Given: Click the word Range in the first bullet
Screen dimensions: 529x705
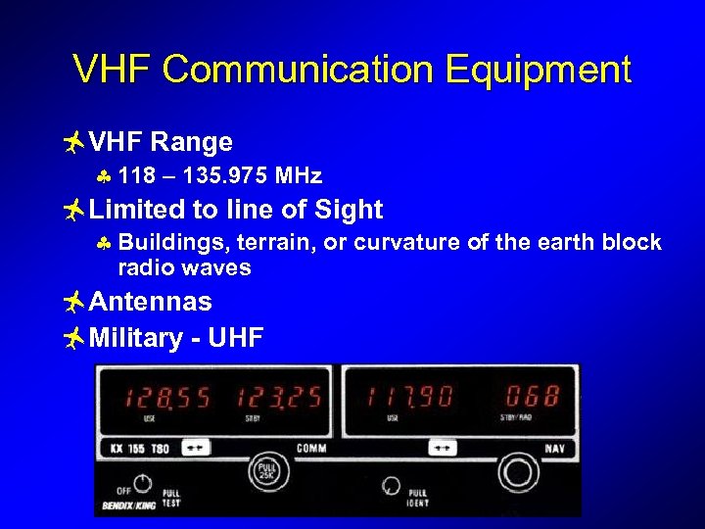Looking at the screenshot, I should [x=192, y=143].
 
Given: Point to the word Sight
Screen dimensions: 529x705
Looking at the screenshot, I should [x=348, y=210].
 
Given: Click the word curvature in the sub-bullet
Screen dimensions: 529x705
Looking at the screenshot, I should [x=423, y=243].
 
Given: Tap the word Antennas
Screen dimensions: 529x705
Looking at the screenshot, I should [x=150, y=302].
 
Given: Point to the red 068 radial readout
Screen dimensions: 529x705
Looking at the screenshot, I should [x=532, y=398].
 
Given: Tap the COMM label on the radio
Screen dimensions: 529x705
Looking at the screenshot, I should [x=312, y=450].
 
